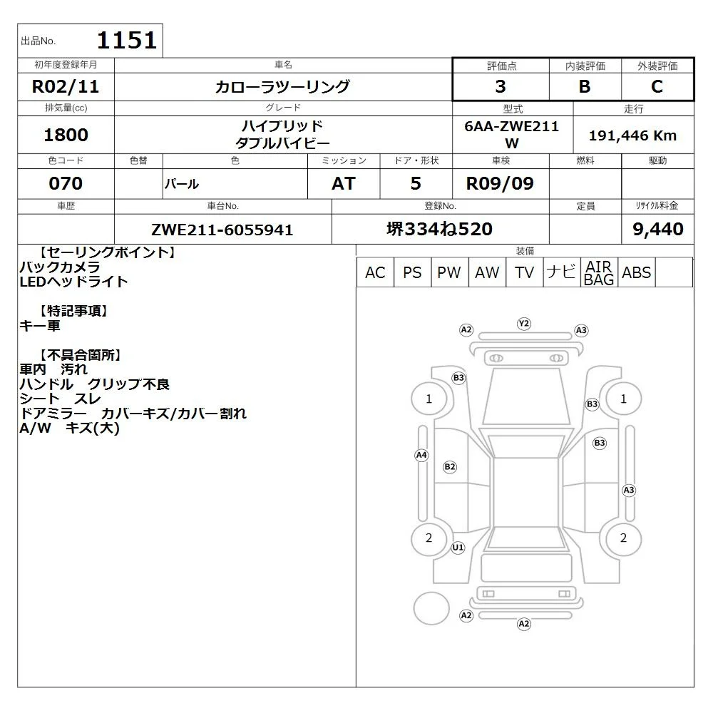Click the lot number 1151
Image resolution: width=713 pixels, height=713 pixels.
pos(127,40)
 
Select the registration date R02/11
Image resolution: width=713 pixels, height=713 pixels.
pos(66,86)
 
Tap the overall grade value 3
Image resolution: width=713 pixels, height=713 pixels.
pos(501,86)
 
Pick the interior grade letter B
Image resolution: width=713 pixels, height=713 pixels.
pos(585,86)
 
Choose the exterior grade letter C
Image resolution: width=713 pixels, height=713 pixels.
pos(657,86)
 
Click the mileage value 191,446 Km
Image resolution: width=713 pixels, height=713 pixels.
pos(632,135)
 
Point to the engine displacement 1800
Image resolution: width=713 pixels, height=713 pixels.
pos(66,135)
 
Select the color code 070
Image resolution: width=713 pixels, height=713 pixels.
pos(66,183)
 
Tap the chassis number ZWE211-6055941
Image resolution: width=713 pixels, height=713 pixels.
pos(222,230)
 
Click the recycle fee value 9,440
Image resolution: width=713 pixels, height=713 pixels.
pos(658,229)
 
